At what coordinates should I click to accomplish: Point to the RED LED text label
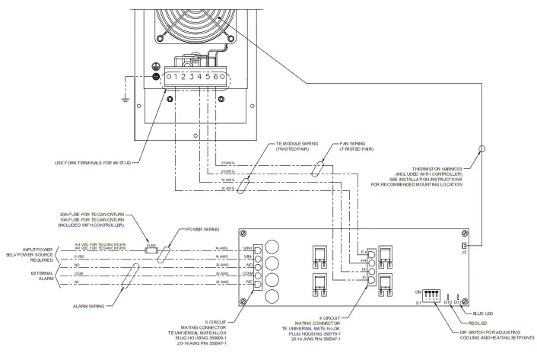click(x=478, y=323)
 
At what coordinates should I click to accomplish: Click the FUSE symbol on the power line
click(x=151, y=248)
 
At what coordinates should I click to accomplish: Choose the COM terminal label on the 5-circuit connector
click(x=247, y=272)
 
